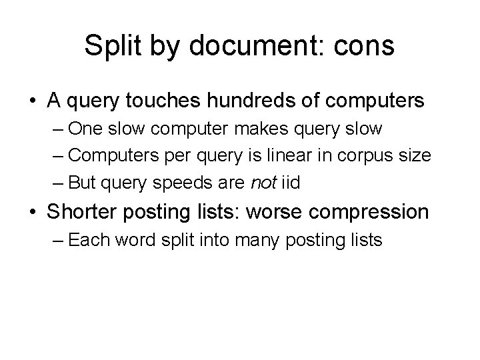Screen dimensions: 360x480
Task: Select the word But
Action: pos(82,181)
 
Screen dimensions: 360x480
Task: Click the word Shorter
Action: pos(85,211)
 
